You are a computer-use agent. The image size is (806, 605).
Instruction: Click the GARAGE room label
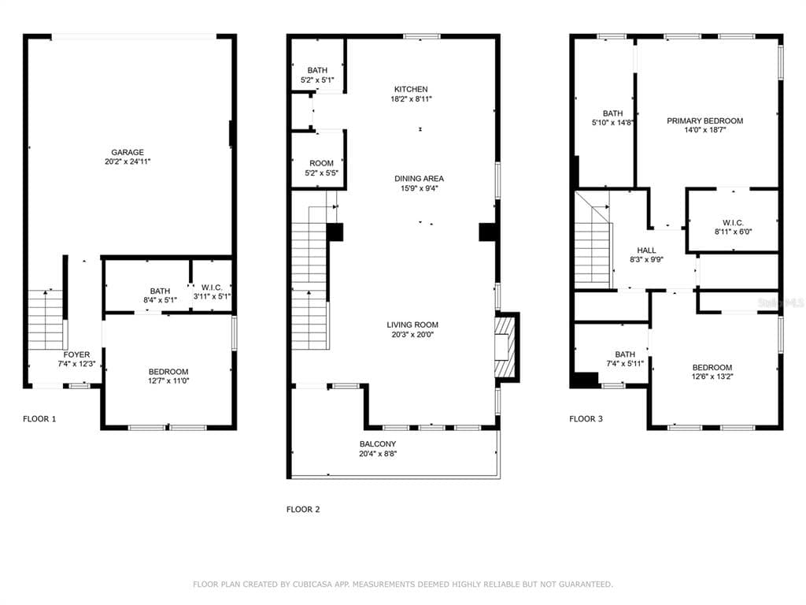(128, 152)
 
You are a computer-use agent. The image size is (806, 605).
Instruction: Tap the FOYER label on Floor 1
(76, 354)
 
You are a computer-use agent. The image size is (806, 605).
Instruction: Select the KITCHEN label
(411, 89)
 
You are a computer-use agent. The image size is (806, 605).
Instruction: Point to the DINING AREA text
(419, 179)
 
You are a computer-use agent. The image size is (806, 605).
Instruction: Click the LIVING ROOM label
(412, 325)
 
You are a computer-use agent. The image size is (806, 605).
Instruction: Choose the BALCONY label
(378, 444)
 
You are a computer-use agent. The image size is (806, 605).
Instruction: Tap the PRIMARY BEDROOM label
(704, 121)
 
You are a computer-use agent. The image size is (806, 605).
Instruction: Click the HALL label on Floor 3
(646, 250)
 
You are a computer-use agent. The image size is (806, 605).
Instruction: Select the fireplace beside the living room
(505, 347)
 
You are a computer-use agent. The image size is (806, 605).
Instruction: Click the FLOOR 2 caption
(303, 510)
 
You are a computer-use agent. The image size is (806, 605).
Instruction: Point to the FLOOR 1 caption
(39, 419)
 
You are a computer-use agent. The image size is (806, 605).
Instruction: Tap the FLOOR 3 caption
(586, 419)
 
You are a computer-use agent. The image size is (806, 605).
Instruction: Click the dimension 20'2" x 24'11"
(128, 161)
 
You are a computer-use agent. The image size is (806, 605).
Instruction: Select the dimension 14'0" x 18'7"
(704, 130)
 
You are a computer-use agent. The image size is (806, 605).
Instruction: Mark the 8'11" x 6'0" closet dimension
(733, 232)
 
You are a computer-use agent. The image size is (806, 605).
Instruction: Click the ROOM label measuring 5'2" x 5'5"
(321, 163)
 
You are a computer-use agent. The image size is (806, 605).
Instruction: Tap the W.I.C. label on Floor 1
(212, 288)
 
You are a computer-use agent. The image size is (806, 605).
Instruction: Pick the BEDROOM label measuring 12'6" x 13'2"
(712, 367)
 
